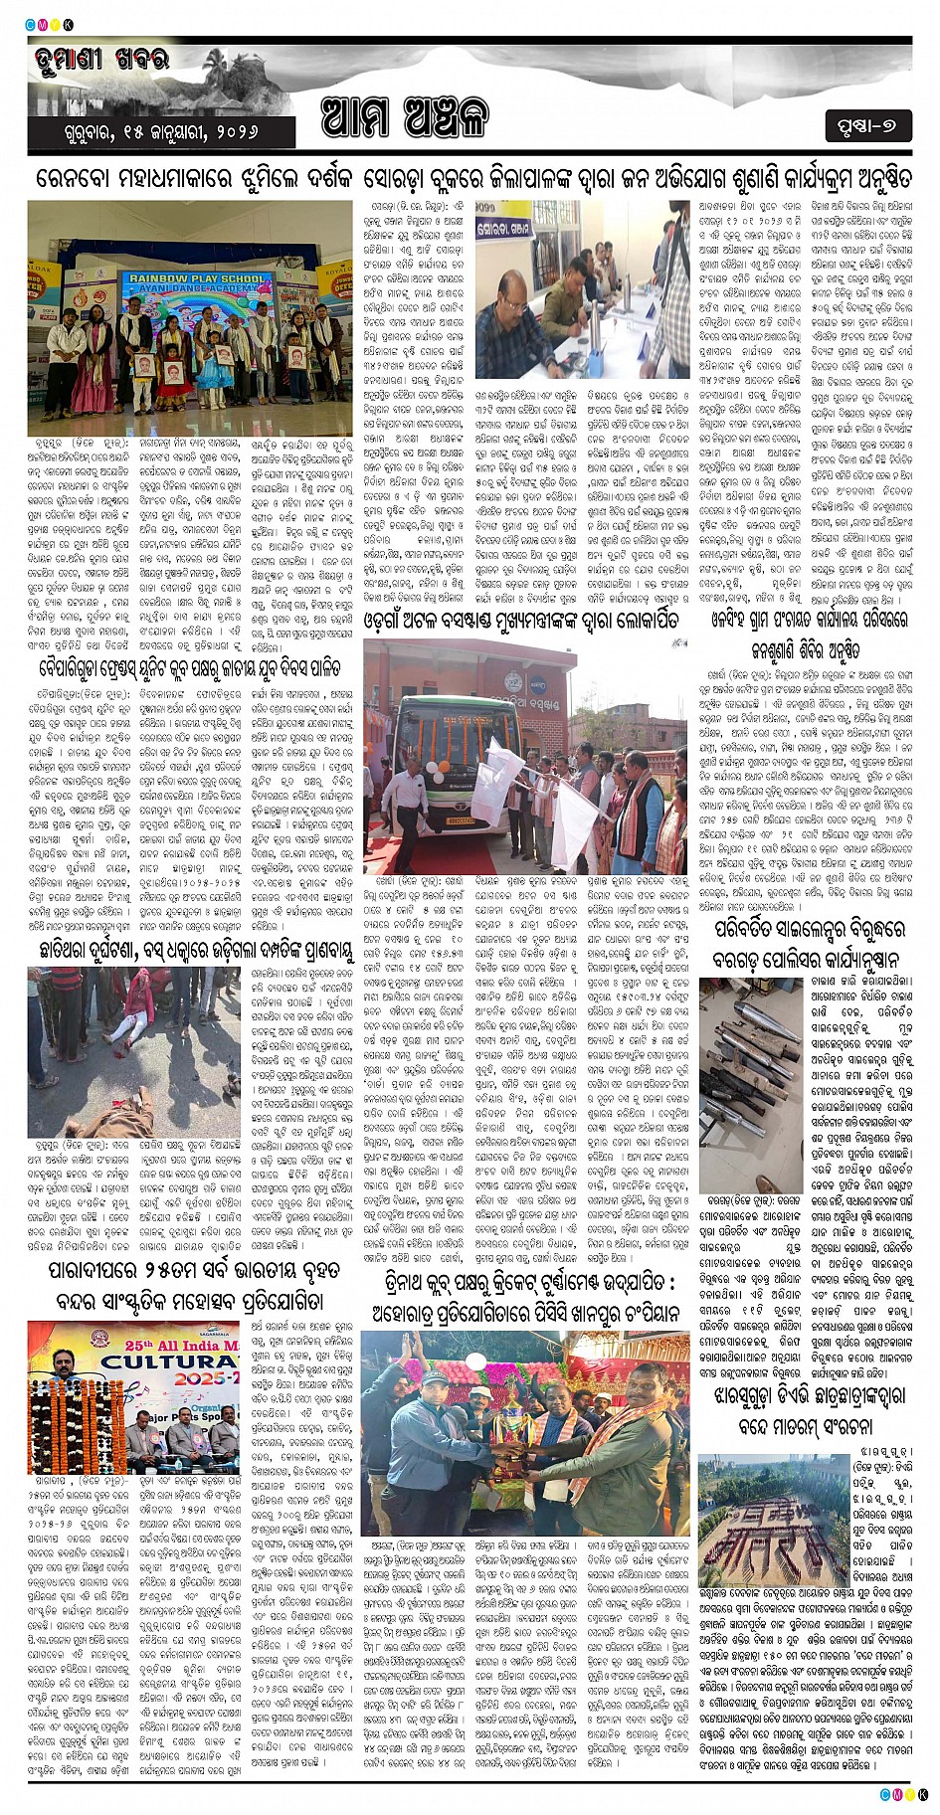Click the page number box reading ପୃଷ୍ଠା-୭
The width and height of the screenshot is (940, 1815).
point(866,126)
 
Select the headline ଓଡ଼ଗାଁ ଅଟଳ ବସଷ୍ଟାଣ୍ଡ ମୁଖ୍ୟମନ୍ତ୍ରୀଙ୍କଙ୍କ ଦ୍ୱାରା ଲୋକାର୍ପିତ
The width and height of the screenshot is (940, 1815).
point(522,620)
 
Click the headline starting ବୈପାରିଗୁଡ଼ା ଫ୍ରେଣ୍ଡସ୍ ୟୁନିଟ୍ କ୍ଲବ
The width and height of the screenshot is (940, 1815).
point(190,666)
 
